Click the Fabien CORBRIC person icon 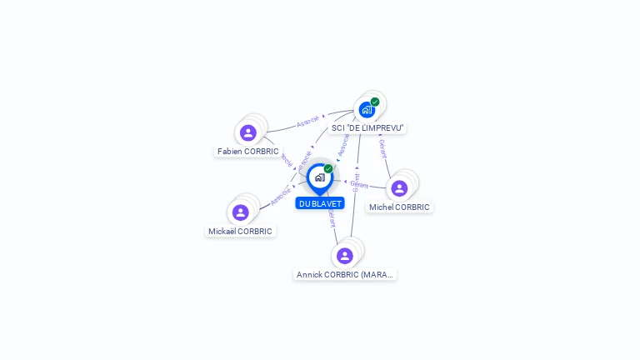click(x=247, y=132)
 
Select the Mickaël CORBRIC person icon click(x=241, y=212)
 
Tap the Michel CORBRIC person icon click(x=399, y=188)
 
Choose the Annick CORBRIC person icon click(x=344, y=256)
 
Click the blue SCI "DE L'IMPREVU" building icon click(x=366, y=110)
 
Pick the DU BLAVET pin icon click(x=319, y=177)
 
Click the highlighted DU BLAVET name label click(x=320, y=203)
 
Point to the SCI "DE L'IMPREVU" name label click(x=367, y=128)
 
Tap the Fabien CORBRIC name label click(x=247, y=152)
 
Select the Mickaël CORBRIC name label click(x=240, y=232)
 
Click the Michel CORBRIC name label click(x=399, y=207)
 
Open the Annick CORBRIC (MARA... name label click(x=344, y=274)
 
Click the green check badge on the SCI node click(x=375, y=102)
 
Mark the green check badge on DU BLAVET click(x=328, y=168)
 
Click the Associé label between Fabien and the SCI click(x=308, y=122)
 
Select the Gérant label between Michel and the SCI click(x=382, y=148)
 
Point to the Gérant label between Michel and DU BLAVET click(x=359, y=184)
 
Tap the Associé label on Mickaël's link click(x=281, y=197)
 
